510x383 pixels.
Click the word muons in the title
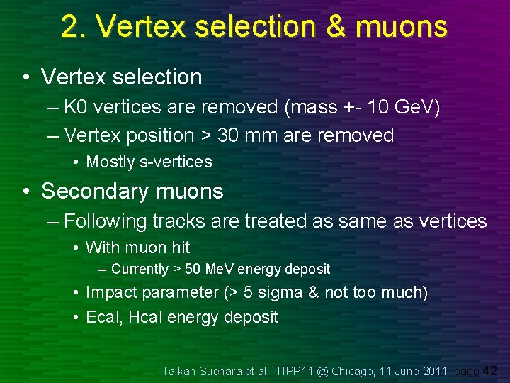point(402,27)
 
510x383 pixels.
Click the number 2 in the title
point(70,27)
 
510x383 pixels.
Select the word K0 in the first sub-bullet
point(75,108)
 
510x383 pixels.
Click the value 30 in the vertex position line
point(228,135)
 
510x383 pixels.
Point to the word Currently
point(140,269)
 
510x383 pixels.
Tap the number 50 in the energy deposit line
point(191,269)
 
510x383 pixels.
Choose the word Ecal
point(102,317)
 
